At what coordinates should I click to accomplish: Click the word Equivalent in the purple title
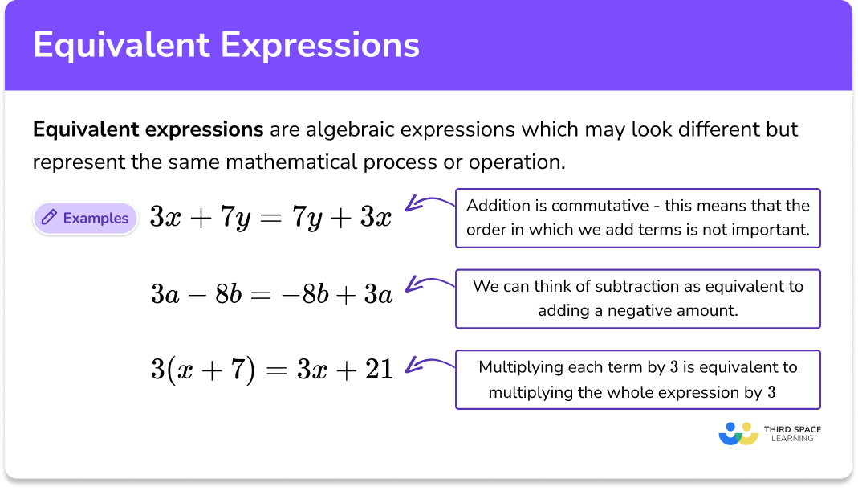click(121, 45)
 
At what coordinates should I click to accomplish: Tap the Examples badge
click(85, 218)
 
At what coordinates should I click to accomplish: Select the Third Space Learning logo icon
click(738, 434)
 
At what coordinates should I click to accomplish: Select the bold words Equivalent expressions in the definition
click(148, 129)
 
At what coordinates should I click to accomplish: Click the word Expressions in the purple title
click(321, 45)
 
